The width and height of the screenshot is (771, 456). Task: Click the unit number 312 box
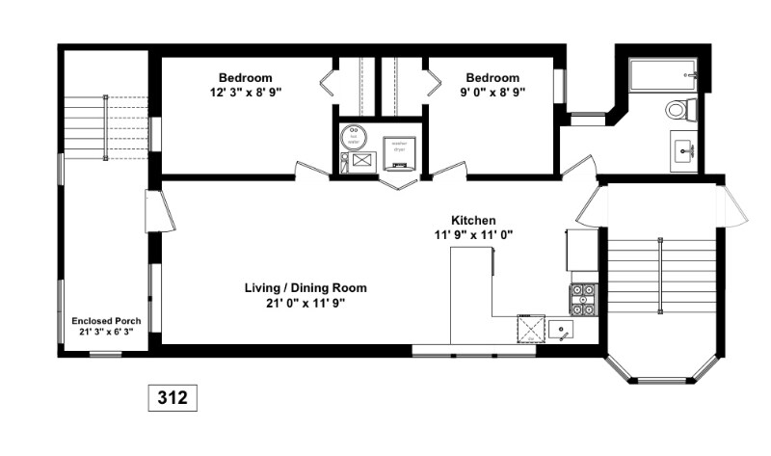pos(173,396)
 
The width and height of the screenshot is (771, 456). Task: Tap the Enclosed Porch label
pos(106,321)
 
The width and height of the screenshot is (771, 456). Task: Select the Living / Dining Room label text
pos(305,287)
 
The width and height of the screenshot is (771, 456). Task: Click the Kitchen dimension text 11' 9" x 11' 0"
pos(473,234)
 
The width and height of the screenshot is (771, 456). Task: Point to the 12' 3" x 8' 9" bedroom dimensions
pos(245,93)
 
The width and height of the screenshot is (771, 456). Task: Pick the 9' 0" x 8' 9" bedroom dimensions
pos(492,93)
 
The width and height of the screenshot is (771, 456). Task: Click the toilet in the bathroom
pos(680,109)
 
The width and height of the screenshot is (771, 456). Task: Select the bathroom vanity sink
pos(686,150)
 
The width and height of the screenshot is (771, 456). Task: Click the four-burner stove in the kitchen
pos(583,300)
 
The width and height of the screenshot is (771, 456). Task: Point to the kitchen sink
pos(562,331)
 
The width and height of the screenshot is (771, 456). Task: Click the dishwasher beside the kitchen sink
pos(530,330)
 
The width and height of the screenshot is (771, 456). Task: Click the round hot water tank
pos(354,135)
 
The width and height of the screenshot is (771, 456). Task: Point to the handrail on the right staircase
pos(660,276)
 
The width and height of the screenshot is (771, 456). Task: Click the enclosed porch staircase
pos(106,126)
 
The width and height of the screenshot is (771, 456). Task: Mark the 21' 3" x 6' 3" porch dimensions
pos(106,333)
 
